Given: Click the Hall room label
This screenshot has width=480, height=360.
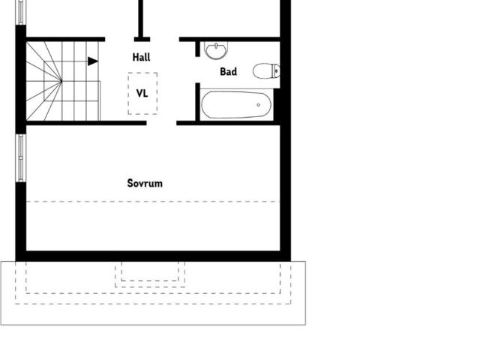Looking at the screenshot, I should click(142, 57).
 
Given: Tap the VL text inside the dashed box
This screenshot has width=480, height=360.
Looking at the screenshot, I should click(142, 94).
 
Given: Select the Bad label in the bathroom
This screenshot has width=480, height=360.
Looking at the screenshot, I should click(228, 72).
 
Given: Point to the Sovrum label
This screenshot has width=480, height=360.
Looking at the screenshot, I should click(145, 183).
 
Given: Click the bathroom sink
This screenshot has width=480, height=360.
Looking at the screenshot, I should click(216, 50).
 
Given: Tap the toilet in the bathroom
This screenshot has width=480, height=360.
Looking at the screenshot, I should click(265, 72).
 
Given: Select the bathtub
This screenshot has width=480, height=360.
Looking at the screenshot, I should click(235, 104).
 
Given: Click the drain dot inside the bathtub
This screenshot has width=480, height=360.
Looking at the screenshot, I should click(259, 104).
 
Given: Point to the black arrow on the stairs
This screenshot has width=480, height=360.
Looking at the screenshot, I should click(92, 61).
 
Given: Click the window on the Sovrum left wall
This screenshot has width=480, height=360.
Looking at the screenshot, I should click(21, 157).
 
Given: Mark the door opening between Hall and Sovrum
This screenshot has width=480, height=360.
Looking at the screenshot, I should click(161, 122).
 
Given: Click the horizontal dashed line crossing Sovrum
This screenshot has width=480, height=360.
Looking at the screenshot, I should click(150, 201).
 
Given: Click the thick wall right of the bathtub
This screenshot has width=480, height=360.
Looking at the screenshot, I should click(277, 105).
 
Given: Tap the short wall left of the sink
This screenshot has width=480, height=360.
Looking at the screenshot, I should click(198, 49).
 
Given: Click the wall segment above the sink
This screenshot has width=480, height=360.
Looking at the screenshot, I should click(229, 38).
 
